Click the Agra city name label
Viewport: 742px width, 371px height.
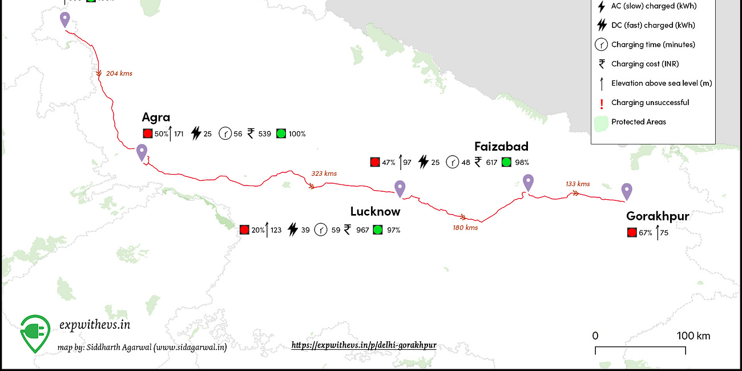tap(156, 118)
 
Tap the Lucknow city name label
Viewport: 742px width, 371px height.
tap(375, 212)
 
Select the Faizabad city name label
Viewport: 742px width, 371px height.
tap(501, 147)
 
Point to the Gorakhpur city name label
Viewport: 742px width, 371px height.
tap(658, 216)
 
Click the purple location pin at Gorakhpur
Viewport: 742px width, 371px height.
tap(627, 191)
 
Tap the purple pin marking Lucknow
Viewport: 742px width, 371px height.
tap(400, 188)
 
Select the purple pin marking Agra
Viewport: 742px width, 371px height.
tap(142, 152)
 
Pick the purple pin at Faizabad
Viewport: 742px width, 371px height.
tap(528, 182)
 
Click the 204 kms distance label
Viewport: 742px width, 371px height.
tap(119, 74)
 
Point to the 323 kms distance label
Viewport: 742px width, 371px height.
tap(324, 174)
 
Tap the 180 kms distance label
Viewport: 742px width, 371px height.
tap(465, 228)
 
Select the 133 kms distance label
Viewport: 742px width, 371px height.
tap(578, 184)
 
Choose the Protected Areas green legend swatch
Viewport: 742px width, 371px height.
tap(600, 122)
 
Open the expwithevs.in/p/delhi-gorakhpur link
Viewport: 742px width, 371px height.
tap(364, 345)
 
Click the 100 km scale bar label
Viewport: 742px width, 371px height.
tap(693, 336)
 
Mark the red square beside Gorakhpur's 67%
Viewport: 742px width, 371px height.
tap(631, 232)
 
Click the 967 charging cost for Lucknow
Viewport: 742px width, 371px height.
tap(362, 230)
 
